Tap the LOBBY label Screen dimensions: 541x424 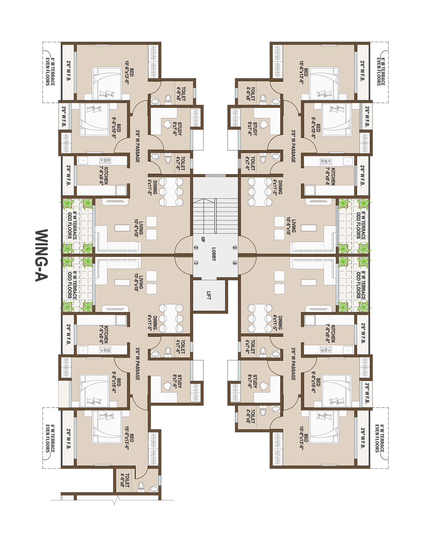[x=214, y=254]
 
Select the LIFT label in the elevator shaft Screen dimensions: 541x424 [x=209, y=295]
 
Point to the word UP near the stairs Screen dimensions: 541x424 [x=203, y=239]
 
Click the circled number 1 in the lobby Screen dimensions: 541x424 [x=196, y=263]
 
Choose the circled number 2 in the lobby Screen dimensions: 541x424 [x=196, y=248]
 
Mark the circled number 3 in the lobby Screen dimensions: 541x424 [x=235, y=248]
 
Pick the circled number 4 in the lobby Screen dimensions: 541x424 [x=235, y=263]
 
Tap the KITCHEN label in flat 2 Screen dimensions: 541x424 [x=104, y=175]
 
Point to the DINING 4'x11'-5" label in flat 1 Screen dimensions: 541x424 [x=153, y=323]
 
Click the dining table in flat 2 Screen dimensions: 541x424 [x=171, y=192]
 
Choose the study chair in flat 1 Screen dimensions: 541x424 [x=167, y=386]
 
